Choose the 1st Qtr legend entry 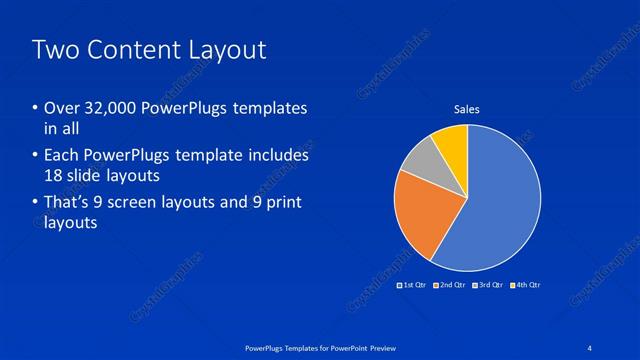415,285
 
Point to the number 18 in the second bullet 56,175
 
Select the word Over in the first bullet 62,108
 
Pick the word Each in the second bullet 62,156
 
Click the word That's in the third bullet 69,203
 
